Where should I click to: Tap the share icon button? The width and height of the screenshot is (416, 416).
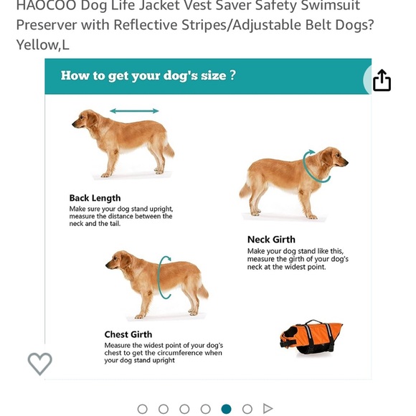(382, 80)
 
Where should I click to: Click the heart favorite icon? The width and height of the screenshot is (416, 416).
(40, 364)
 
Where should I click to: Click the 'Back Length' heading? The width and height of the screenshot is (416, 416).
(95, 198)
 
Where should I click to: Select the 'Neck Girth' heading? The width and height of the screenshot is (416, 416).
(271, 240)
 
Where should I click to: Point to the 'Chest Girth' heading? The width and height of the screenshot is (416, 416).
(128, 334)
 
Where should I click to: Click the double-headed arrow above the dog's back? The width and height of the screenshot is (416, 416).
(134, 111)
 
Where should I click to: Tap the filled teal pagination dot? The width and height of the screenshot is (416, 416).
(227, 409)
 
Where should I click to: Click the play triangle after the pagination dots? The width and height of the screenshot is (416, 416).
(268, 409)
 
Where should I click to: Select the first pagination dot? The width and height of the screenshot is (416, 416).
(142, 409)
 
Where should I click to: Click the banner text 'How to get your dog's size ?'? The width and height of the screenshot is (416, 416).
(148, 76)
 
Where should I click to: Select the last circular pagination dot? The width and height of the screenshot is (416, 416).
(247, 409)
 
